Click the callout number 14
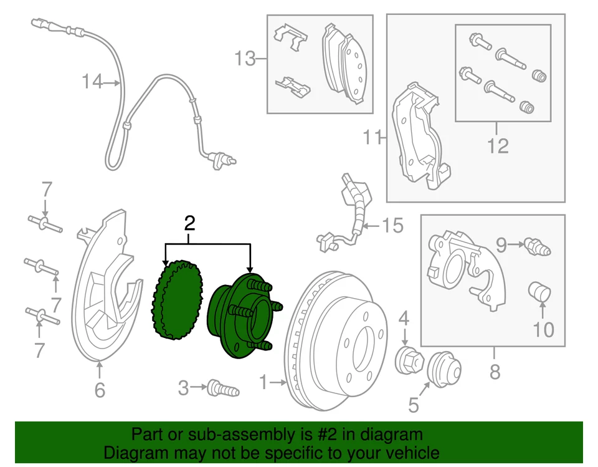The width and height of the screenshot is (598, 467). (x=92, y=82)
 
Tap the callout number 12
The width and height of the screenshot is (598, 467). (x=498, y=146)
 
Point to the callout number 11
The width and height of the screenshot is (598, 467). (x=373, y=137)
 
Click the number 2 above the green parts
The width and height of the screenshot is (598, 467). (x=189, y=222)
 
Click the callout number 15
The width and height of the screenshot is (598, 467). (x=393, y=225)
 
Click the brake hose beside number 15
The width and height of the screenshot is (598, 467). (x=352, y=212)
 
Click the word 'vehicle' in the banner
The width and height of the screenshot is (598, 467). (x=409, y=452)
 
